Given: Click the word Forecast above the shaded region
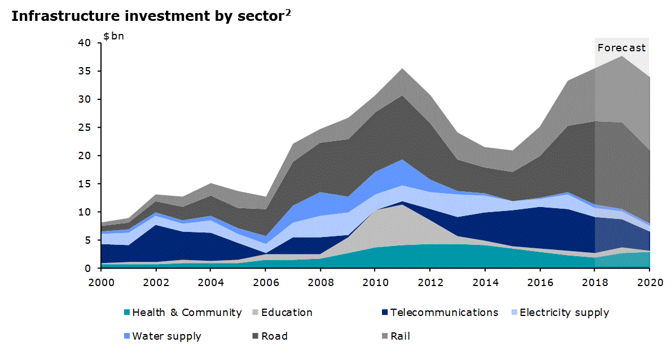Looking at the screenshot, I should click(621, 48).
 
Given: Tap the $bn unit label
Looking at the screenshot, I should click(113, 37).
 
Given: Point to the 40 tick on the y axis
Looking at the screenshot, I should click(85, 43).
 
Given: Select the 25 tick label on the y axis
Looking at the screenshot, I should click(85, 128).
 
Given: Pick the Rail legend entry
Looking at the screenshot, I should click(400, 336).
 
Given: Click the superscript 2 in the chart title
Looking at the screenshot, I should click(288, 12).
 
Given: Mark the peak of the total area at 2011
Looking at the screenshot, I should click(402, 69).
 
